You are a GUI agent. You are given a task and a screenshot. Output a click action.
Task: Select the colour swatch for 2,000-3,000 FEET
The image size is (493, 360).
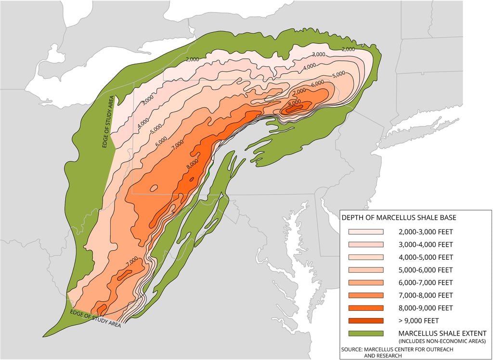366,232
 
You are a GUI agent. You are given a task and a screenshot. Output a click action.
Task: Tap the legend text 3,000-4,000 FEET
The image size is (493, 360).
426,244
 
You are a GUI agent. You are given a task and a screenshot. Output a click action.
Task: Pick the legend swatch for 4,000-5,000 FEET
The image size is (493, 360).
366,257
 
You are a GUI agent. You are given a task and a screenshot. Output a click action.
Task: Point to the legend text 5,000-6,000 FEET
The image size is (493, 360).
426,270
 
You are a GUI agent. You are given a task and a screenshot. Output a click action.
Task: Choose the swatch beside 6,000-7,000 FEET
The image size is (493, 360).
366,282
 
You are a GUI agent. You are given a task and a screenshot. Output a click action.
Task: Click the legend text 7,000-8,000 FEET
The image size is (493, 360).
426,295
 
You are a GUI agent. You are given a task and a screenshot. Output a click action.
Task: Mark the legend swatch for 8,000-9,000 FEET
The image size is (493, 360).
366,308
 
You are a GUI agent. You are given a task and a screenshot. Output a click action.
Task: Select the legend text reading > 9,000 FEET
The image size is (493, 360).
418,320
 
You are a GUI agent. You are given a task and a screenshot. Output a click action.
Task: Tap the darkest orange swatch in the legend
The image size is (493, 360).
366,320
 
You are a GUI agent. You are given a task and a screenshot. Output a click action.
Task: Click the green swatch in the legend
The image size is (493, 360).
366,333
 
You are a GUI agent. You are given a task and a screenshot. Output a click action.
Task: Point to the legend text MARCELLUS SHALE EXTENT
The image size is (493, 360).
442,333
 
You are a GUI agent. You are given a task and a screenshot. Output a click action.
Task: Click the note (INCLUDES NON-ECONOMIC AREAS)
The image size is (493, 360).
441,341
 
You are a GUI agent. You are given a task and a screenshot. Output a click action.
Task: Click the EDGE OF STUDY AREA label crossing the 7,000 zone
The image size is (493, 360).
95,319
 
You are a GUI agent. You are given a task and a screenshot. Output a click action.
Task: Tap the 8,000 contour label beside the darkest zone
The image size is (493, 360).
295,102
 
